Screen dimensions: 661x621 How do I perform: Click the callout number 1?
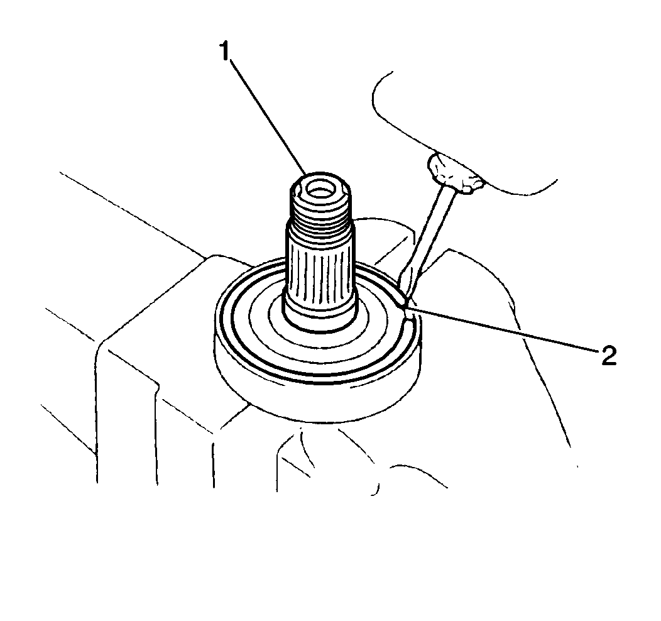[225, 52]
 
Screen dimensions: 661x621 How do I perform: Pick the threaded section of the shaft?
[321, 211]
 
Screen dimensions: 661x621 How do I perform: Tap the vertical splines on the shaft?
[320, 270]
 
